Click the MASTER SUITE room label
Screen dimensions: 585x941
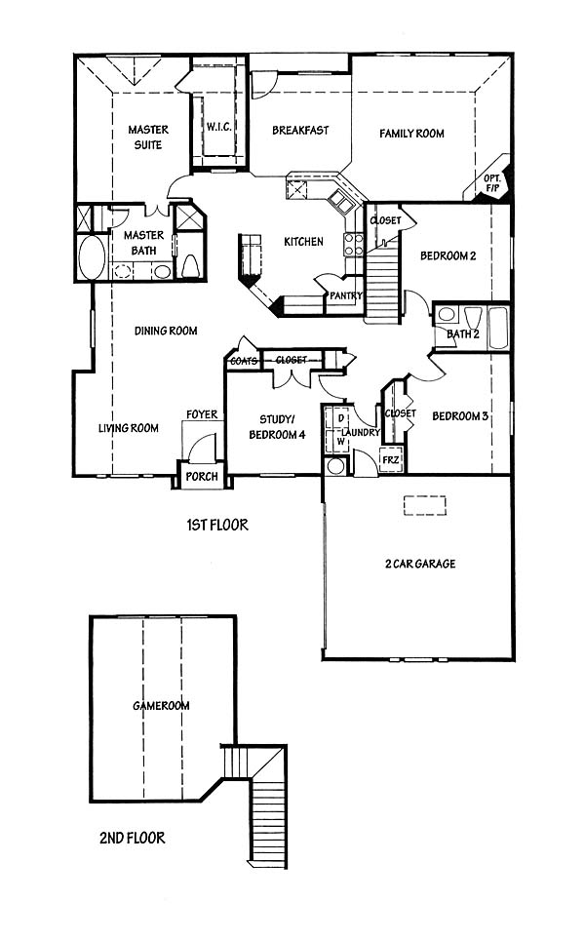click(148, 137)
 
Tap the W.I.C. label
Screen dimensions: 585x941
click(219, 127)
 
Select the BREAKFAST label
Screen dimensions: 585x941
click(300, 131)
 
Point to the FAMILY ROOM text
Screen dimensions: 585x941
click(411, 134)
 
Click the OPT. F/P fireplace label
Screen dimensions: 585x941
click(492, 183)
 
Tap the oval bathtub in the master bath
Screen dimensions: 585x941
click(92, 257)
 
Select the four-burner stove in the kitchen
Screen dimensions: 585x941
click(353, 244)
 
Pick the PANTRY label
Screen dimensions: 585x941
click(345, 295)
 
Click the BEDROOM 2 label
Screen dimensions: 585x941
click(448, 255)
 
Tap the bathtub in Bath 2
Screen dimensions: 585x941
click(498, 328)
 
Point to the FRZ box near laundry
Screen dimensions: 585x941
click(391, 459)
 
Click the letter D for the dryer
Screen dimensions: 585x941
click(341, 417)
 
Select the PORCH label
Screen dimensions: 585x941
click(201, 477)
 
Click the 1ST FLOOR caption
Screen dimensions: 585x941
click(217, 526)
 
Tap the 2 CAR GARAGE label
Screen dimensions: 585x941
click(420, 564)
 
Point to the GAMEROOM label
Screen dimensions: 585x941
click(161, 706)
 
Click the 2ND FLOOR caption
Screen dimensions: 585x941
click(132, 838)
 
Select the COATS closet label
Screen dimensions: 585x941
click(244, 361)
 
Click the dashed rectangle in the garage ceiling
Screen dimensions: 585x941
click(425, 505)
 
